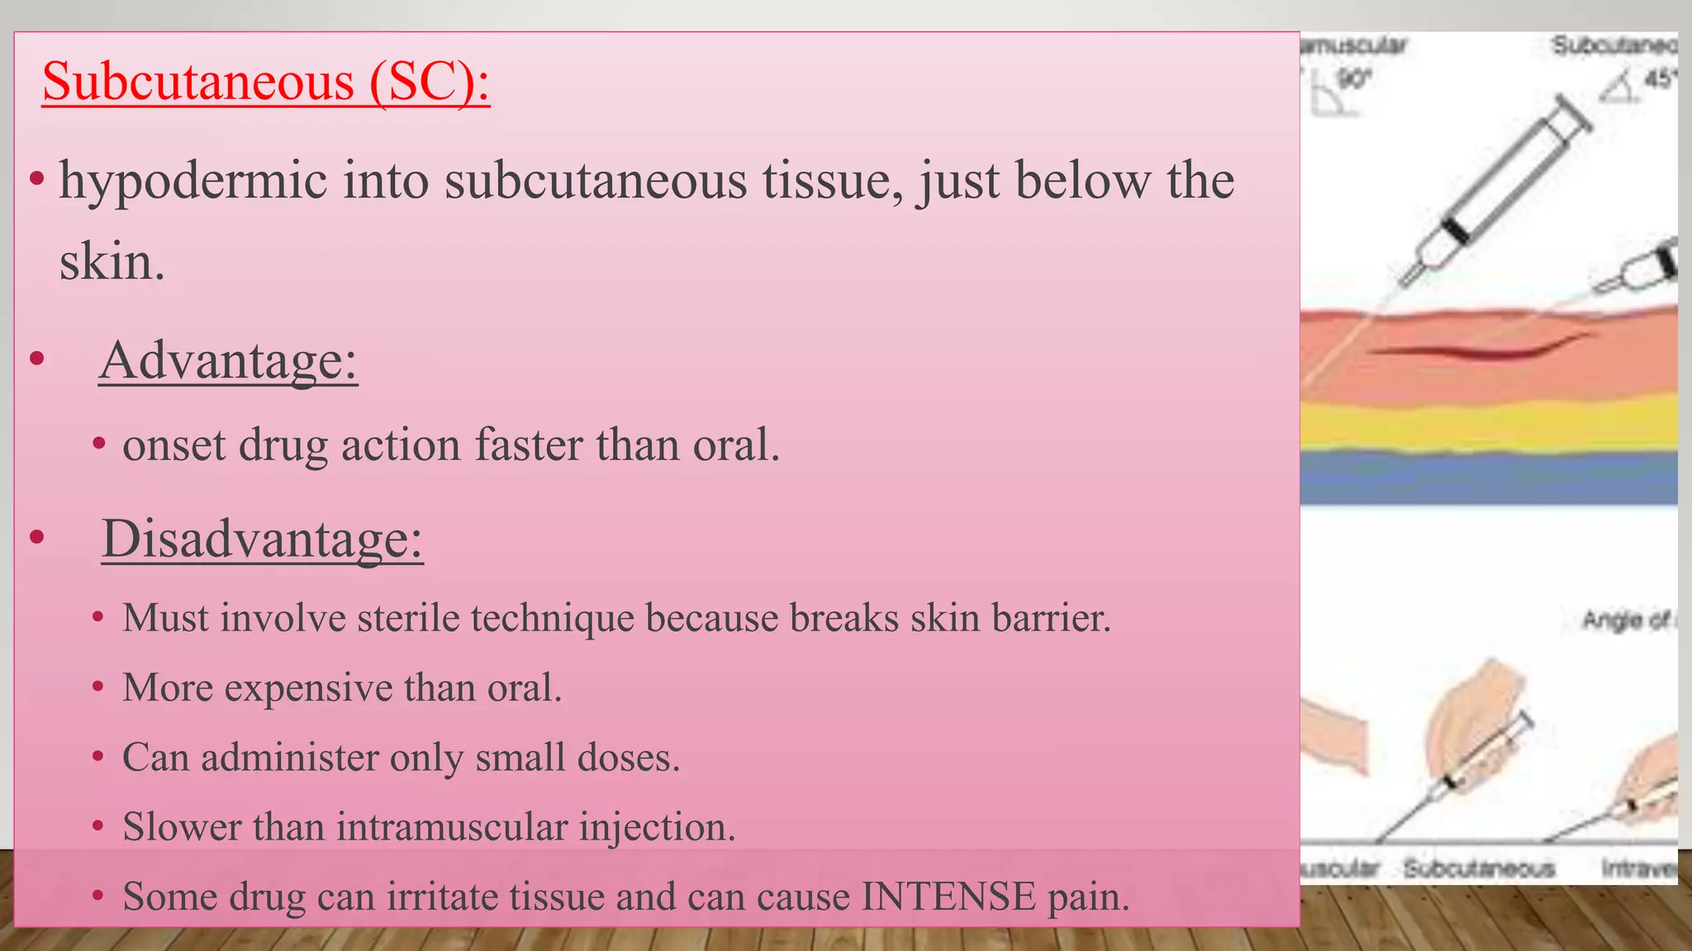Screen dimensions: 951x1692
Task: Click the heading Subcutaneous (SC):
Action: coord(266,83)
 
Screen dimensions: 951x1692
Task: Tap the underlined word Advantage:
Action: coord(228,361)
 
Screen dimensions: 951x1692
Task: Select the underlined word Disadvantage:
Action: coord(262,539)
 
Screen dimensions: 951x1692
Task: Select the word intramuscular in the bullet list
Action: coord(452,827)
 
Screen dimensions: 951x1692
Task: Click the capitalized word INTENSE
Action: coord(948,897)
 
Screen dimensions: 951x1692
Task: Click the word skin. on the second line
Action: coord(112,263)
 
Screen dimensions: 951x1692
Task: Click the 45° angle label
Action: coord(1659,79)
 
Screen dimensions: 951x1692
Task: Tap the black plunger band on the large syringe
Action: coord(1456,230)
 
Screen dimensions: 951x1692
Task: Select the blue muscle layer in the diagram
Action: coord(1487,479)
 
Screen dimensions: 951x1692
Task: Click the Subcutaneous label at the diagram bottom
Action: coord(1479,868)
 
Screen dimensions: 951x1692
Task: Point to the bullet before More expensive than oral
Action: coord(98,688)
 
